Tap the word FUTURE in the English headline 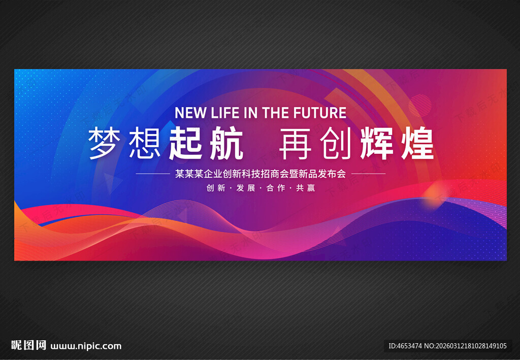coord(320,113)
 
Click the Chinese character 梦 coord(105,144)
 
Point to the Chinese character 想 coord(145,144)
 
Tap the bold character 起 coord(185,144)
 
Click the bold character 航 coord(226,144)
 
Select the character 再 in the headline coord(295,144)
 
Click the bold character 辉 coord(377,144)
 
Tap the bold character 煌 coord(417,144)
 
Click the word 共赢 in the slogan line coord(305,188)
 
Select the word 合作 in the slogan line coord(276,188)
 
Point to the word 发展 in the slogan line coord(246,188)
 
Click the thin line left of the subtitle coord(153,174)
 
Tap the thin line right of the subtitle coord(369,174)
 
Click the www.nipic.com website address coord(86,346)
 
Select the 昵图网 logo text coord(28,345)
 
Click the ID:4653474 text coord(405,346)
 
